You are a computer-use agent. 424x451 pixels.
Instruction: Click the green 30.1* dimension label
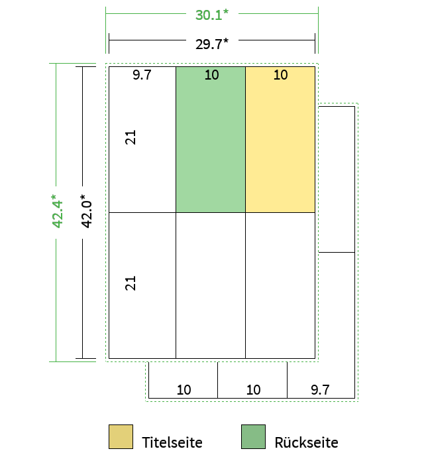click(212, 15)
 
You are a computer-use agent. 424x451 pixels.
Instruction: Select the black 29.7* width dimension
click(212, 44)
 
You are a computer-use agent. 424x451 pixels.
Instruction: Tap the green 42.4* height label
click(57, 212)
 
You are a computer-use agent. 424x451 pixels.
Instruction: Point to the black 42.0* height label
click(87, 212)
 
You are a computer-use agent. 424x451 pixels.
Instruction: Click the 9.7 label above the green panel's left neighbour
click(142, 75)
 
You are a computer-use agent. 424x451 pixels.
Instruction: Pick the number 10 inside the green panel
click(212, 75)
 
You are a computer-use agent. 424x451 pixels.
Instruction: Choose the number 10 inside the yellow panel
click(281, 75)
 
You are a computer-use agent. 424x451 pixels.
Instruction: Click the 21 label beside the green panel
click(130, 137)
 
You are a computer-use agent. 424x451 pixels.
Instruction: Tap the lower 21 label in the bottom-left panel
click(130, 283)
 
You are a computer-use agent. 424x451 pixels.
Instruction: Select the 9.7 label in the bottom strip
click(320, 390)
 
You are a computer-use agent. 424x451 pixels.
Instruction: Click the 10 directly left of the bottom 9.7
click(253, 390)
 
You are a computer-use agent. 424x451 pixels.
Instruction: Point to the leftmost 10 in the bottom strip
click(184, 390)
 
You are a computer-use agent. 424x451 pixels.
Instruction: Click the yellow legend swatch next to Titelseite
click(121, 436)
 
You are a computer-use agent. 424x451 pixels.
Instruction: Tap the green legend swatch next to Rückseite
click(253, 436)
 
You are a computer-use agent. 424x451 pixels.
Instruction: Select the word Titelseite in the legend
click(172, 442)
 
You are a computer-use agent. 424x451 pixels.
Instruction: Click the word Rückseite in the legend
click(306, 442)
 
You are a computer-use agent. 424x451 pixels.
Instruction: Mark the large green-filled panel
click(211, 140)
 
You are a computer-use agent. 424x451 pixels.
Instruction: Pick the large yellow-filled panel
click(280, 140)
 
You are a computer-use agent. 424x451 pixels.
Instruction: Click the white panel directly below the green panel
click(211, 285)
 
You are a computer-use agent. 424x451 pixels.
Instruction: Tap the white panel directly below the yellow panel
click(280, 285)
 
